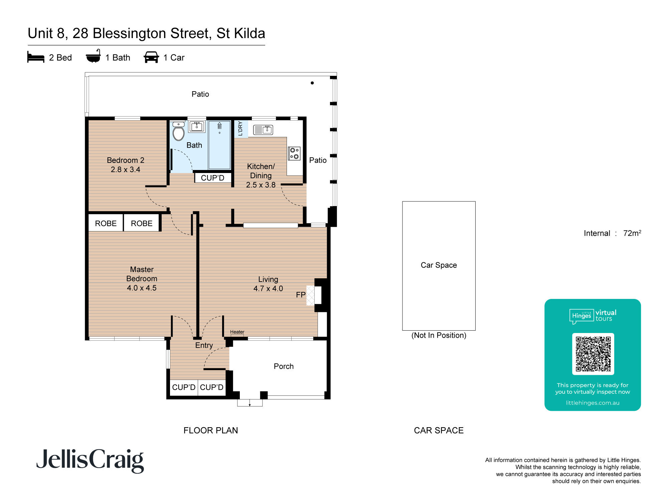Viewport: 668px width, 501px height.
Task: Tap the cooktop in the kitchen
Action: tap(294, 153)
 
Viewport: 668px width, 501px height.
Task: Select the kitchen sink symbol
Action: tap(263, 130)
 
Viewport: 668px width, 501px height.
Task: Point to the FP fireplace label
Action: tap(301, 295)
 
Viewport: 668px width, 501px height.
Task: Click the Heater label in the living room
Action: tap(237, 332)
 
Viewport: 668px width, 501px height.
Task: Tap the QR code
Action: tap(593, 354)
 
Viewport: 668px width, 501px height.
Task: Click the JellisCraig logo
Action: tap(90, 460)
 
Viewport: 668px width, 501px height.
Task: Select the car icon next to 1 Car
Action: tap(151, 57)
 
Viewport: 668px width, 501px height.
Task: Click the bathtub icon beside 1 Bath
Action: tap(93, 57)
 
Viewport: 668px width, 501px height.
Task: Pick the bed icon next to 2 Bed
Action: tap(36, 57)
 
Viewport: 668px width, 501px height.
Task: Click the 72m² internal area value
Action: tap(632, 233)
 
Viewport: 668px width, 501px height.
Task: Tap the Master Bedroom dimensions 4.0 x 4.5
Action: tap(142, 288)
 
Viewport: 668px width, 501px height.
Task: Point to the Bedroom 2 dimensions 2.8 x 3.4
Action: tap(126, 170)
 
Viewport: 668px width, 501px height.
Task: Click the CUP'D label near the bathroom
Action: tap(212, 178)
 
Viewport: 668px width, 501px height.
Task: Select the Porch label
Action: tap(284, 366)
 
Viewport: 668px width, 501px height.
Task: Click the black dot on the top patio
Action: tap(312, 83)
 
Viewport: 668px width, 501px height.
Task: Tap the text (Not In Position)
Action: tap(439, 335)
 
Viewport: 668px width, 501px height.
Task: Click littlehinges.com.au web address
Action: tap(593, 403)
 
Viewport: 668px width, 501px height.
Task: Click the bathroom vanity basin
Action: tap(197, 127)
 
